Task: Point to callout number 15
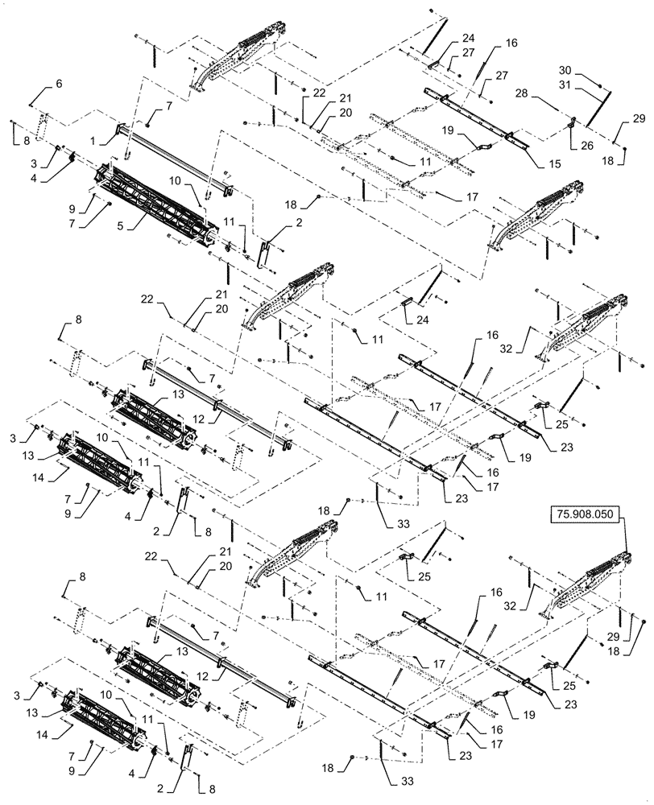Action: [x=533, y=165]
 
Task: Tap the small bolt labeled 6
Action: [x=31, y=103]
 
